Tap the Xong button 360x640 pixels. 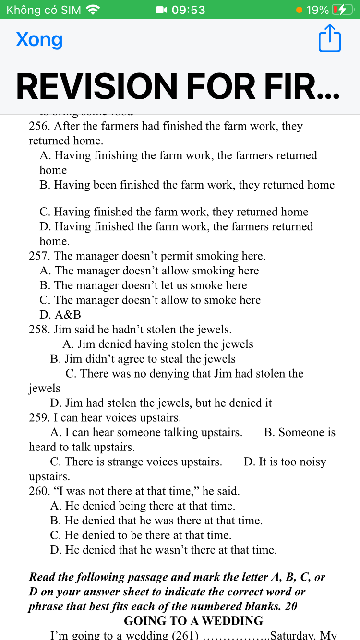coord(39,40)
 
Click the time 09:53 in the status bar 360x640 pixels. coord(188,10)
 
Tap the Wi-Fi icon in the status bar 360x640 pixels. coord(93,10)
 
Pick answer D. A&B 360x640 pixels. coord(60,315)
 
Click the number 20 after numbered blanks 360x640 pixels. coord(291,606)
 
